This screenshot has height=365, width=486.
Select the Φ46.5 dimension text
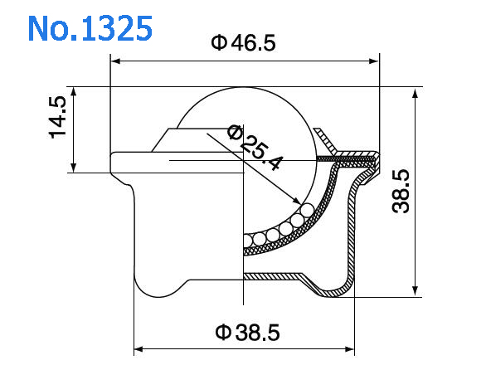tap(243, 43)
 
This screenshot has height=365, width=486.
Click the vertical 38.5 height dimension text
tap(401, 190)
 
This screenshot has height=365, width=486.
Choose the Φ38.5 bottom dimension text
tap(247, 333)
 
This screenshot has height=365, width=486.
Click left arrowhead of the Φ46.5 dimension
tap(115, 61)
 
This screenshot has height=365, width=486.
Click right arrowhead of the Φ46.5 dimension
tap(374, 61)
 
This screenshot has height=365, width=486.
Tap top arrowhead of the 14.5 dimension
tap(74, 90)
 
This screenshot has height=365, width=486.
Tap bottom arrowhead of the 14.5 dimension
tap(74, 168)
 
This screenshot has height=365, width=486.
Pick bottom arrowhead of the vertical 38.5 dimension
tap(415, 292)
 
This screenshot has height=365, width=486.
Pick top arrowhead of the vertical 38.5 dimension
tap(415, 90)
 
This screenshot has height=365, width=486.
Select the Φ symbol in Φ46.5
tap(218, 43)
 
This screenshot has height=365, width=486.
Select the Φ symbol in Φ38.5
tap(222, 333)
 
